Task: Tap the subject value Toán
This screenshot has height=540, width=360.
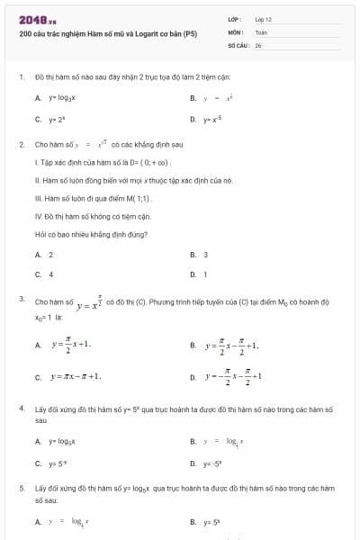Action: (261, 31)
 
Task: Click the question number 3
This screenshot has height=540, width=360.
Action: (21, 296)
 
